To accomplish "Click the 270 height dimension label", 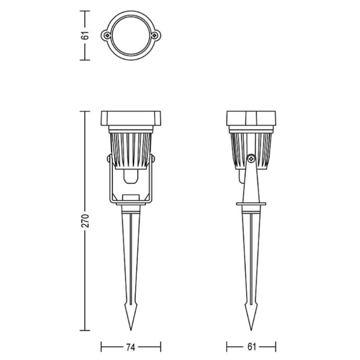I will pos(85,221).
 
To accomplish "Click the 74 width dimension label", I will pos(131,346).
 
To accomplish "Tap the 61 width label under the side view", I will pos(251,346).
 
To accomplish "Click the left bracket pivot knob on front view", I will pos(109,159).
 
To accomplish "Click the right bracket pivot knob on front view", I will pos(153,159).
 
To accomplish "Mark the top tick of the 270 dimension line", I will pos(85,112).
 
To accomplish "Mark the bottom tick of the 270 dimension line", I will pos(85,331).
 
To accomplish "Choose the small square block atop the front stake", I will pos(131,197).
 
